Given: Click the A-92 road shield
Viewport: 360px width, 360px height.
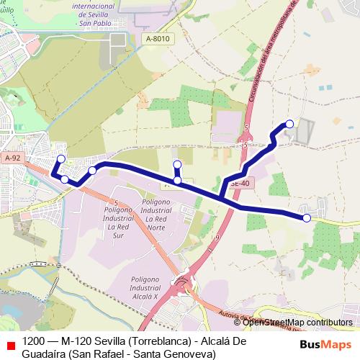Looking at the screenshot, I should (12, 158).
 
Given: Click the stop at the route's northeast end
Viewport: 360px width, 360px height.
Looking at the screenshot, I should (290, 124).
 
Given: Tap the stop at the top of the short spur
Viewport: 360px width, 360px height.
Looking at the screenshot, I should (177, 164).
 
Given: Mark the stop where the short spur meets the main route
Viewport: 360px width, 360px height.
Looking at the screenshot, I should (178, 181).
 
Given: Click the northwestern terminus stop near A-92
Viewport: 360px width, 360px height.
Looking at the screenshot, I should (61, 158).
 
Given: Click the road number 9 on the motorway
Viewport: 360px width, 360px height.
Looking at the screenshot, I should (217, 237).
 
